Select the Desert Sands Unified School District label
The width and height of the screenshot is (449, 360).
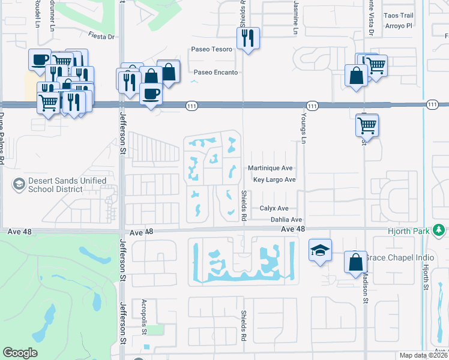point(64,185)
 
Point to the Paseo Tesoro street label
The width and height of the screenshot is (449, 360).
point(211,49)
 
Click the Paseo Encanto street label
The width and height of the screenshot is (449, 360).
point(215,73)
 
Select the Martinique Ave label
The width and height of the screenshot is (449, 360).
point(271,169)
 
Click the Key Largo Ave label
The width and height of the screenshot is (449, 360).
point(274,180)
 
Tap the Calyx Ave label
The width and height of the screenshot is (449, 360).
point(274,208)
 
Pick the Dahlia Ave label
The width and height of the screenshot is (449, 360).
point(286,220)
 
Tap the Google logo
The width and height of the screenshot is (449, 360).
point(20,352)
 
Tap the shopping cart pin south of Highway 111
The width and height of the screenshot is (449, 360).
point(367,126)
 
